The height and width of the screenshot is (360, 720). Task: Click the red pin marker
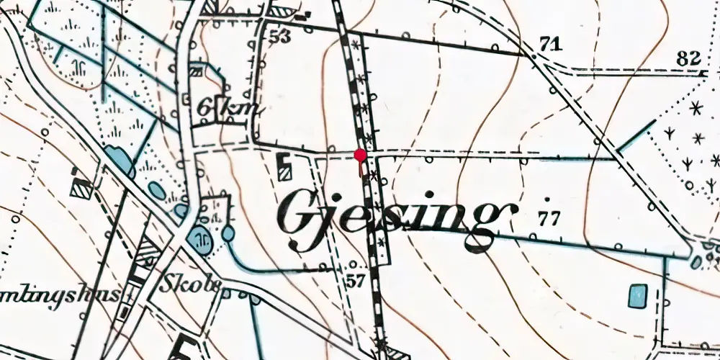tap(360, 154)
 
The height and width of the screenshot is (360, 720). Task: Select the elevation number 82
tap(690, 58)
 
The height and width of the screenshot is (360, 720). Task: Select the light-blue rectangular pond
tap(636, 296)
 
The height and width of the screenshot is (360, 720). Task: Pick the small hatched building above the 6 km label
tap(196, 70)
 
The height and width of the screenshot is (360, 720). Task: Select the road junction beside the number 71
tap(533, 56)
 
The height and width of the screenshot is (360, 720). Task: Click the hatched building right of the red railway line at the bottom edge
tap(395, 352)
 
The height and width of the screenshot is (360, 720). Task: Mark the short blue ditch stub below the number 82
tap(636, 136)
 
